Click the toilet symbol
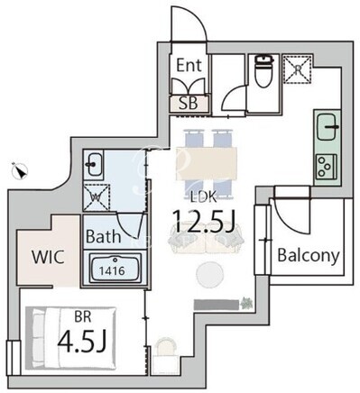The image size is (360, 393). click(263, 71)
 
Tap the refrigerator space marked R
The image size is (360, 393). click(298, 69)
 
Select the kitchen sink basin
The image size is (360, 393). click(328, 127)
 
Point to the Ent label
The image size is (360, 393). click(189, 65)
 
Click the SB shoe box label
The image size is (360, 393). click(189, 103)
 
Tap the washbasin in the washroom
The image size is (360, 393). click(94, 164)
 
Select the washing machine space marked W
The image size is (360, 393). click(97, 196)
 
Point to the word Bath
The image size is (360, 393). click(104, 237)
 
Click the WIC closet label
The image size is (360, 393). click(48, 257)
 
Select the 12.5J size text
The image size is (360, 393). click(203, 222)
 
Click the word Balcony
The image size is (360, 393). click(309, 255)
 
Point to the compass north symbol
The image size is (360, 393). click(20, 171)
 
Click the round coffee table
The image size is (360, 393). click(210, 273)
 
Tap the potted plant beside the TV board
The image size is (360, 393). click(246, 304)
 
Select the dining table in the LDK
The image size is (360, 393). click(207, 163)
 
